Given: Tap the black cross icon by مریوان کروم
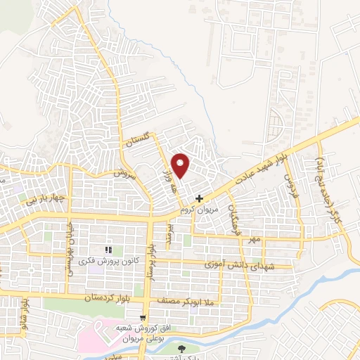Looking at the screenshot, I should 200,199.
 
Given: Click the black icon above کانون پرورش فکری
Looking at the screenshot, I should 108,250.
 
